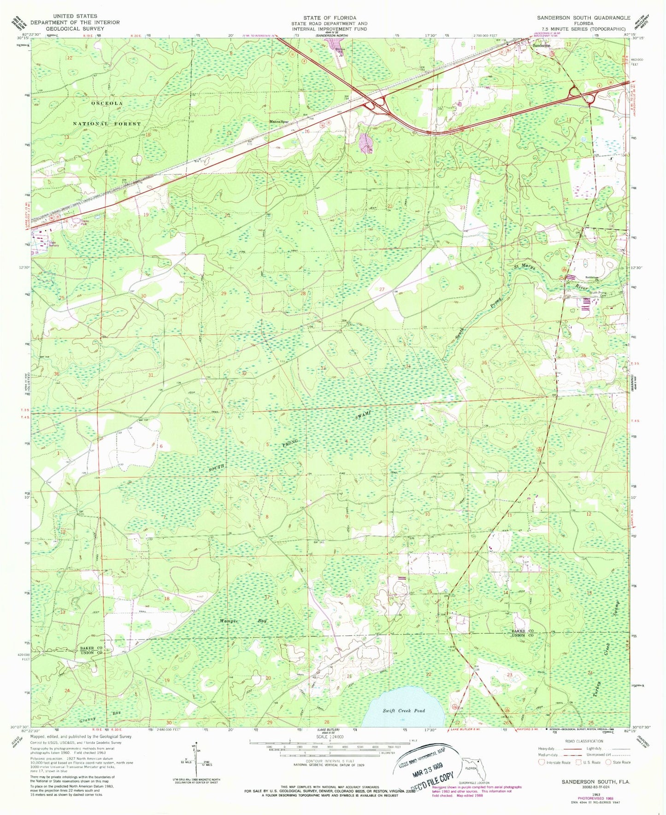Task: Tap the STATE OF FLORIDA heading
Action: [330, 18]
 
